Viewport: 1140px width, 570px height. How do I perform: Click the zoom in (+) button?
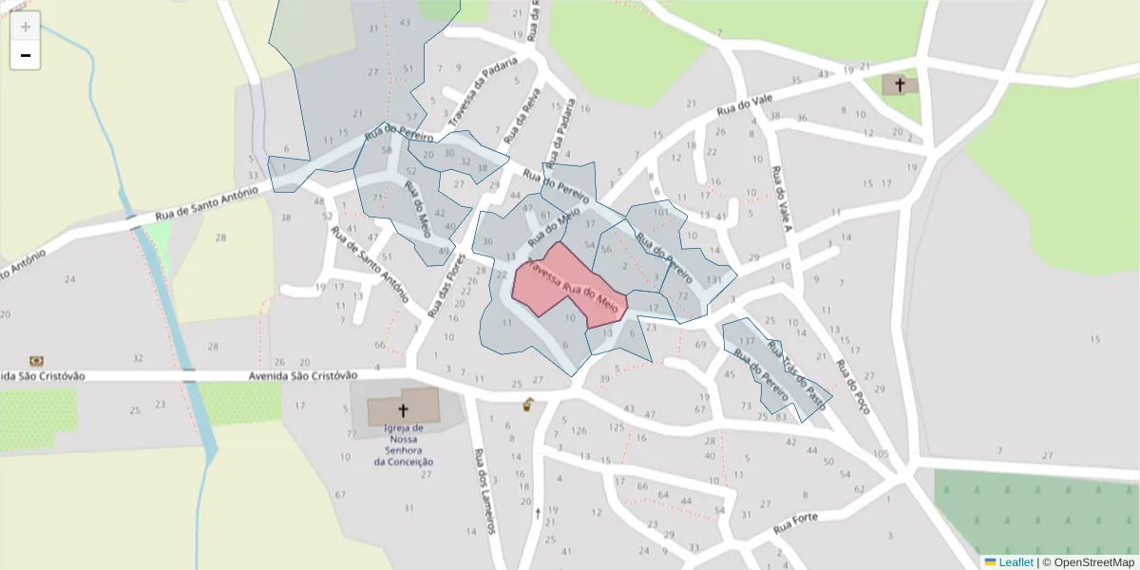point(26,26)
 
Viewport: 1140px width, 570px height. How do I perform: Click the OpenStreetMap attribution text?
point(1093,562)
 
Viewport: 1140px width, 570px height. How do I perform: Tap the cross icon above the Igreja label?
point(403,410)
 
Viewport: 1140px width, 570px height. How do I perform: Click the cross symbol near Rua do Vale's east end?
point(900,85)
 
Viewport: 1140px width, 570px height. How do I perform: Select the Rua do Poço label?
point(852,386)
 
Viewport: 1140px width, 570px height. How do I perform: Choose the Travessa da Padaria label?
point(483,93)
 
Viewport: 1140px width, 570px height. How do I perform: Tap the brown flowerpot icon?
point(527,406)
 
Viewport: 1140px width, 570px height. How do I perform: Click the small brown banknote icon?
point(37,360)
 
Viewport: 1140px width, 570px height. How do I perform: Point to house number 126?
point(579,430)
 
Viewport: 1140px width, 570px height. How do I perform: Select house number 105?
point(881,453)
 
